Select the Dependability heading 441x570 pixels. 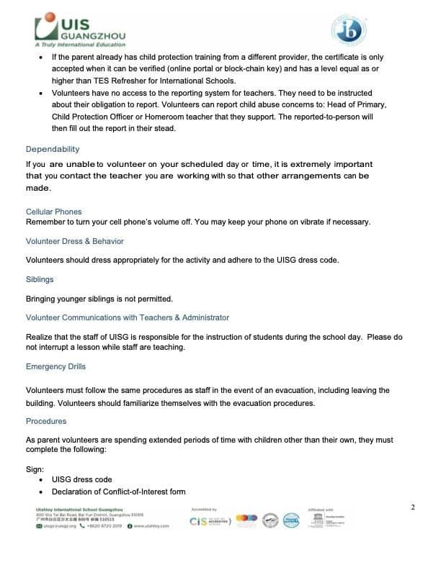click(x=53, y=149)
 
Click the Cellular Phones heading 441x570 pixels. click(x=54, y=212)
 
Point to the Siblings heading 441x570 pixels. click(x=40, y=279)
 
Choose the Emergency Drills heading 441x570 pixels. click(x=56, y=366)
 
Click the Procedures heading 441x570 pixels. click(x=46, y=421)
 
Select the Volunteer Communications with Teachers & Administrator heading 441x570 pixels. click(x=128, y=317)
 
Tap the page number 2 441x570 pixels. click(x=413, y=508)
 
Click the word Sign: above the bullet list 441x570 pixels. click(x=35, y=469)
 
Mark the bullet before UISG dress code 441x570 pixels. click(x=42, y=479)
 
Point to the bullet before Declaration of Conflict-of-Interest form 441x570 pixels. click(x=42, y=492)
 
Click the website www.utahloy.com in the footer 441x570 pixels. click(x=151, y=526)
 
